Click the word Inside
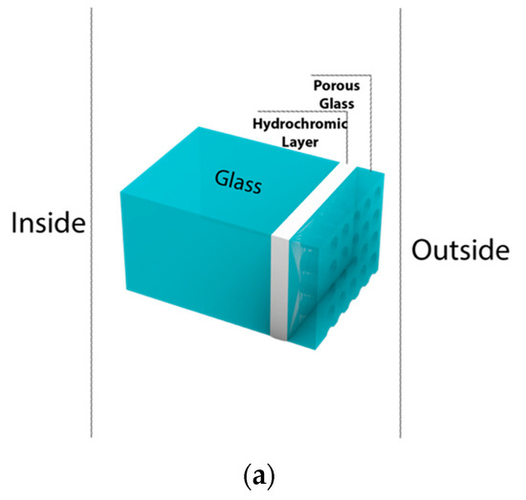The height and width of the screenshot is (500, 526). [x=48, y=223]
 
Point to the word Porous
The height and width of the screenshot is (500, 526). [x=338, y=85]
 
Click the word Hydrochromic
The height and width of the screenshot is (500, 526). [x=299, y=123]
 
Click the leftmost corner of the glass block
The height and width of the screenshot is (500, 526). [x=122, y=192]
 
